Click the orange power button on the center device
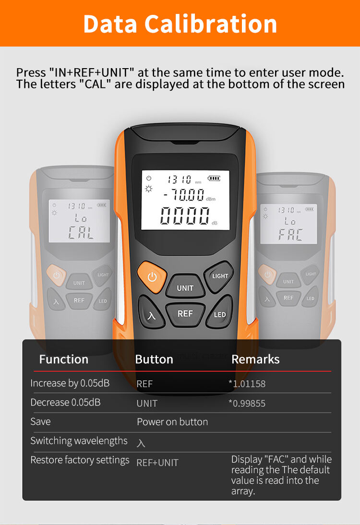[152, 277]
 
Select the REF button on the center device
[185, 313]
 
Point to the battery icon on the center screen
[214, 179]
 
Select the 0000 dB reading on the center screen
[185, 215]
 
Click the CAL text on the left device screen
[81, 233]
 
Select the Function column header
[64, 359]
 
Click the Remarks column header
[255, 359]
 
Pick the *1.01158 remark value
[247, 383]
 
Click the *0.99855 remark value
[247, 403]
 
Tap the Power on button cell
[172, 422]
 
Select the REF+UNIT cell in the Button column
[157, 463]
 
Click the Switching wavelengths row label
[79, 441]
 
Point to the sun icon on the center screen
[149, 189]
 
